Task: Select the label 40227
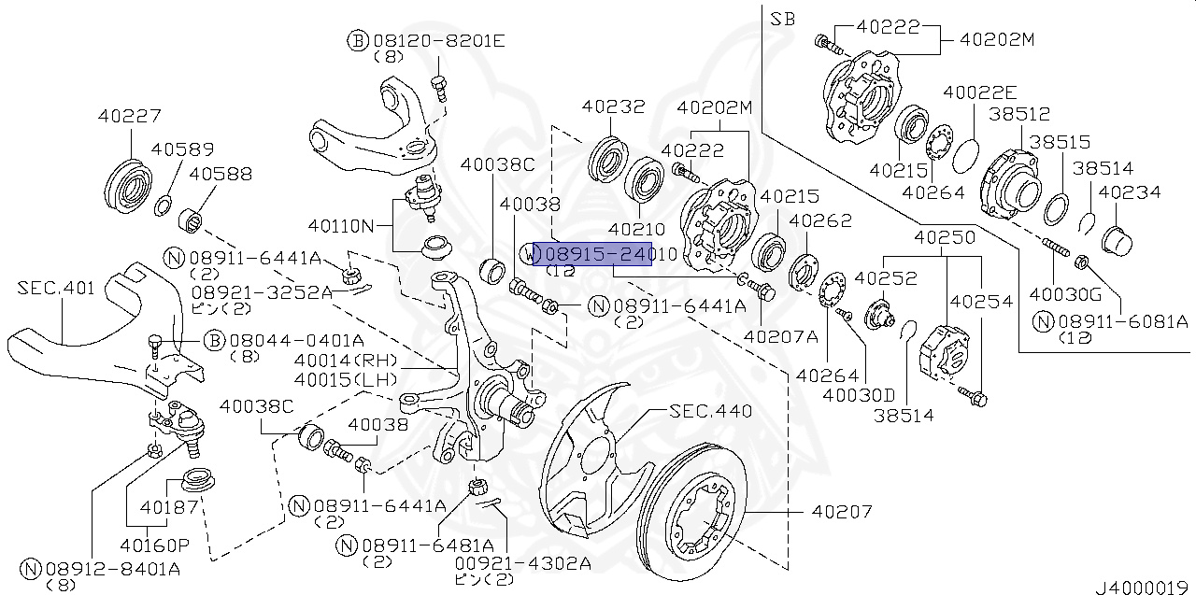[129, 117]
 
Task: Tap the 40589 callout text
[182, 149]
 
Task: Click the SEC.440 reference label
[711, 411]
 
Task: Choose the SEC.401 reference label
[56, 289]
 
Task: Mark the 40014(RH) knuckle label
[345, 361]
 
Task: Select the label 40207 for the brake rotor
[842, 512]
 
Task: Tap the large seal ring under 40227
[128, 184]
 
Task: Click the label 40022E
[979, 92]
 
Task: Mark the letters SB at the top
[781, 19]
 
